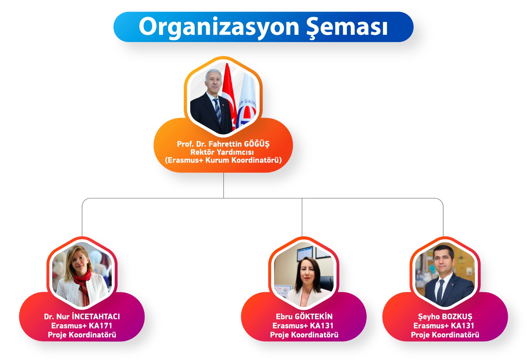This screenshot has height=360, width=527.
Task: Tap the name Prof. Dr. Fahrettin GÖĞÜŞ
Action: pos(223,144)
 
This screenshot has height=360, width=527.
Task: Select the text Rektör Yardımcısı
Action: pos(222,152)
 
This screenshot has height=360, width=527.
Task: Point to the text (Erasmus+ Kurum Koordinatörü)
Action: pos(223,160)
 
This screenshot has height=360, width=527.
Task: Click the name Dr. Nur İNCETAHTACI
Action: pos(82,317)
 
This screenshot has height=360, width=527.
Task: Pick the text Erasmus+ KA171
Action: pos(82,326)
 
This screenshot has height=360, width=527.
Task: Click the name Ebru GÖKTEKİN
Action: pos(304,317)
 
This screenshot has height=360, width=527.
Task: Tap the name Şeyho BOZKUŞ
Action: pos(445,317)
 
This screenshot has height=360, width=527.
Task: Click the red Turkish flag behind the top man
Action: pos(229,94)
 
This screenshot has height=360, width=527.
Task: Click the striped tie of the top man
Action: pos(217,111)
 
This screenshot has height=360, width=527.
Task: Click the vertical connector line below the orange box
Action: pos(223,185)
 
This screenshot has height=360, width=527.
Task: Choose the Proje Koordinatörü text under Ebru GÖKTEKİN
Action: pos(304,335)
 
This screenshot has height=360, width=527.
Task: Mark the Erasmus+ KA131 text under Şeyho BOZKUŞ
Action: pos(444,326)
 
